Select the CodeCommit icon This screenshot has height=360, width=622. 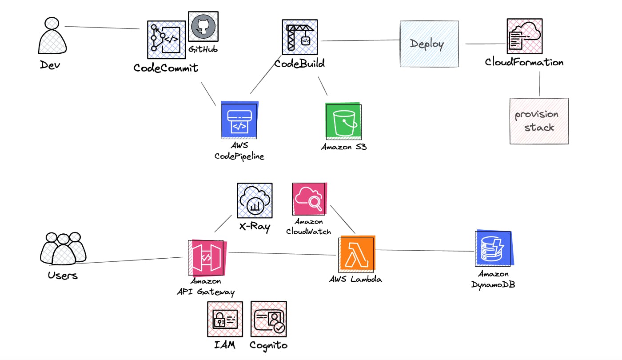tap(166, 40)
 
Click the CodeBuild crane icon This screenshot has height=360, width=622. tap(300, 37)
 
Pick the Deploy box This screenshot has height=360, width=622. tap(429, 44)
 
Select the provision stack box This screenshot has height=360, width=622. tap(539, 121)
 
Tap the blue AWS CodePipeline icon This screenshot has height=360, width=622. tap(240, 120)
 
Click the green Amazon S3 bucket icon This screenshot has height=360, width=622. tap(343, 121)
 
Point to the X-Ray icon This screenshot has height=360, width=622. tap(255, 200)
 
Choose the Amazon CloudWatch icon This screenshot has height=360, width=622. tap(309, 199)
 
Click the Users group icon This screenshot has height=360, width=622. tap(63, 249)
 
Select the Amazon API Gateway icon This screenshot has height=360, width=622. tap(207, 258)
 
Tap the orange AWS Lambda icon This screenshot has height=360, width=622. tap(356, 254)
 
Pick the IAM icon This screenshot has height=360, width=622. tap(225, 319)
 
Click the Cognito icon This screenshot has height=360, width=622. tap(268, 319)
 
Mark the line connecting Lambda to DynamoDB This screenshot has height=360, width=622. tap(424, 251)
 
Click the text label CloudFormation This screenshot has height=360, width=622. tap(524, 62)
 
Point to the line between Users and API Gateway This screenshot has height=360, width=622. tap(129, 260)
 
